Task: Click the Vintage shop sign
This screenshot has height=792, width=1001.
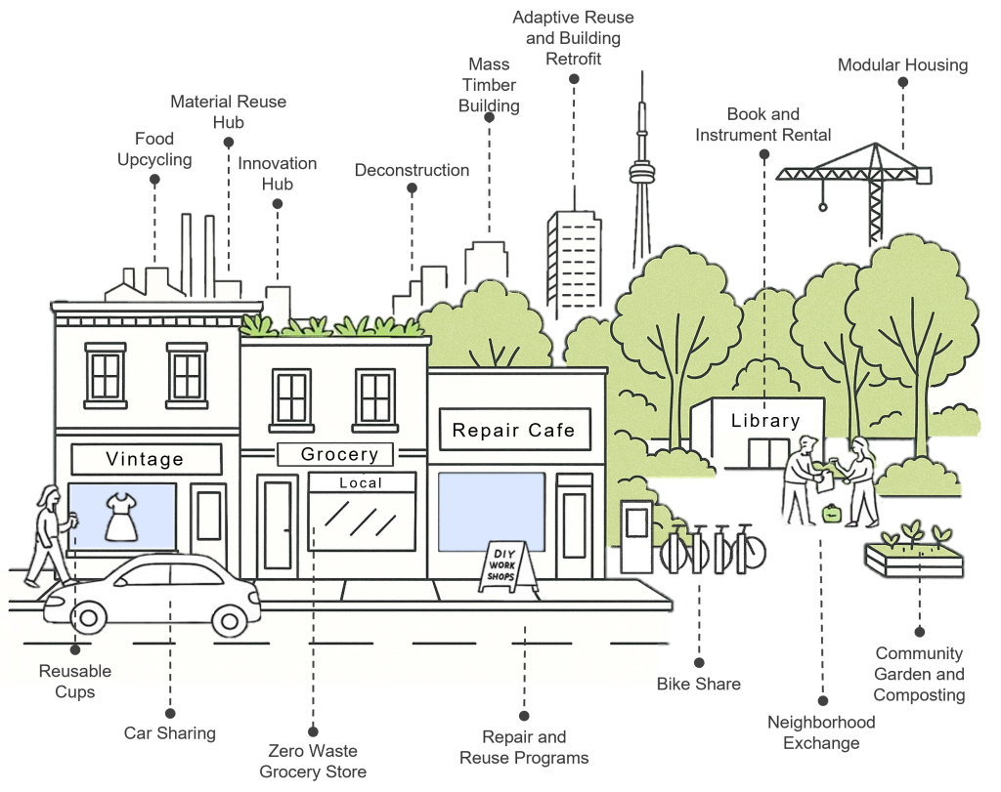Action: [x=145, y=459]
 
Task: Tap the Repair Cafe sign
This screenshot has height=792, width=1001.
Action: [x=513, y=430]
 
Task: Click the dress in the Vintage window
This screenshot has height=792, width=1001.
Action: [x=122, y=517]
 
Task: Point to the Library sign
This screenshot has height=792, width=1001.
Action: [x=765, y=421]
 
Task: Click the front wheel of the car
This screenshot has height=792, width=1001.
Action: [x=231, y=617]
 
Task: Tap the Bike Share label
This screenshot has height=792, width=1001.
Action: [x=698, y=684]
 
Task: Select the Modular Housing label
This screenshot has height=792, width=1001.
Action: [x=902, y=65]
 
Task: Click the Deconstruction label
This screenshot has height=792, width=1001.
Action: [x=411, y=170]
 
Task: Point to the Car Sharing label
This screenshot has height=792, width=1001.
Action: [x=170, y=731]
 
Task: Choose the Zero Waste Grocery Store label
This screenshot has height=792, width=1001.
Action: [x=313, y=761]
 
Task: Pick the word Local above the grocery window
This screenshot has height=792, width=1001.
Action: [x=361, y=482]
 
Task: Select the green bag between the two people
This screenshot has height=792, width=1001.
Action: [x=832, y=514]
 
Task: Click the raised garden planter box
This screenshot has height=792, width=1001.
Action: [x=914, y=557]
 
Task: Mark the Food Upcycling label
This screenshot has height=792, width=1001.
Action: [x=154, y=148]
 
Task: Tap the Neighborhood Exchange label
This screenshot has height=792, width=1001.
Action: [x=820, y=732]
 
